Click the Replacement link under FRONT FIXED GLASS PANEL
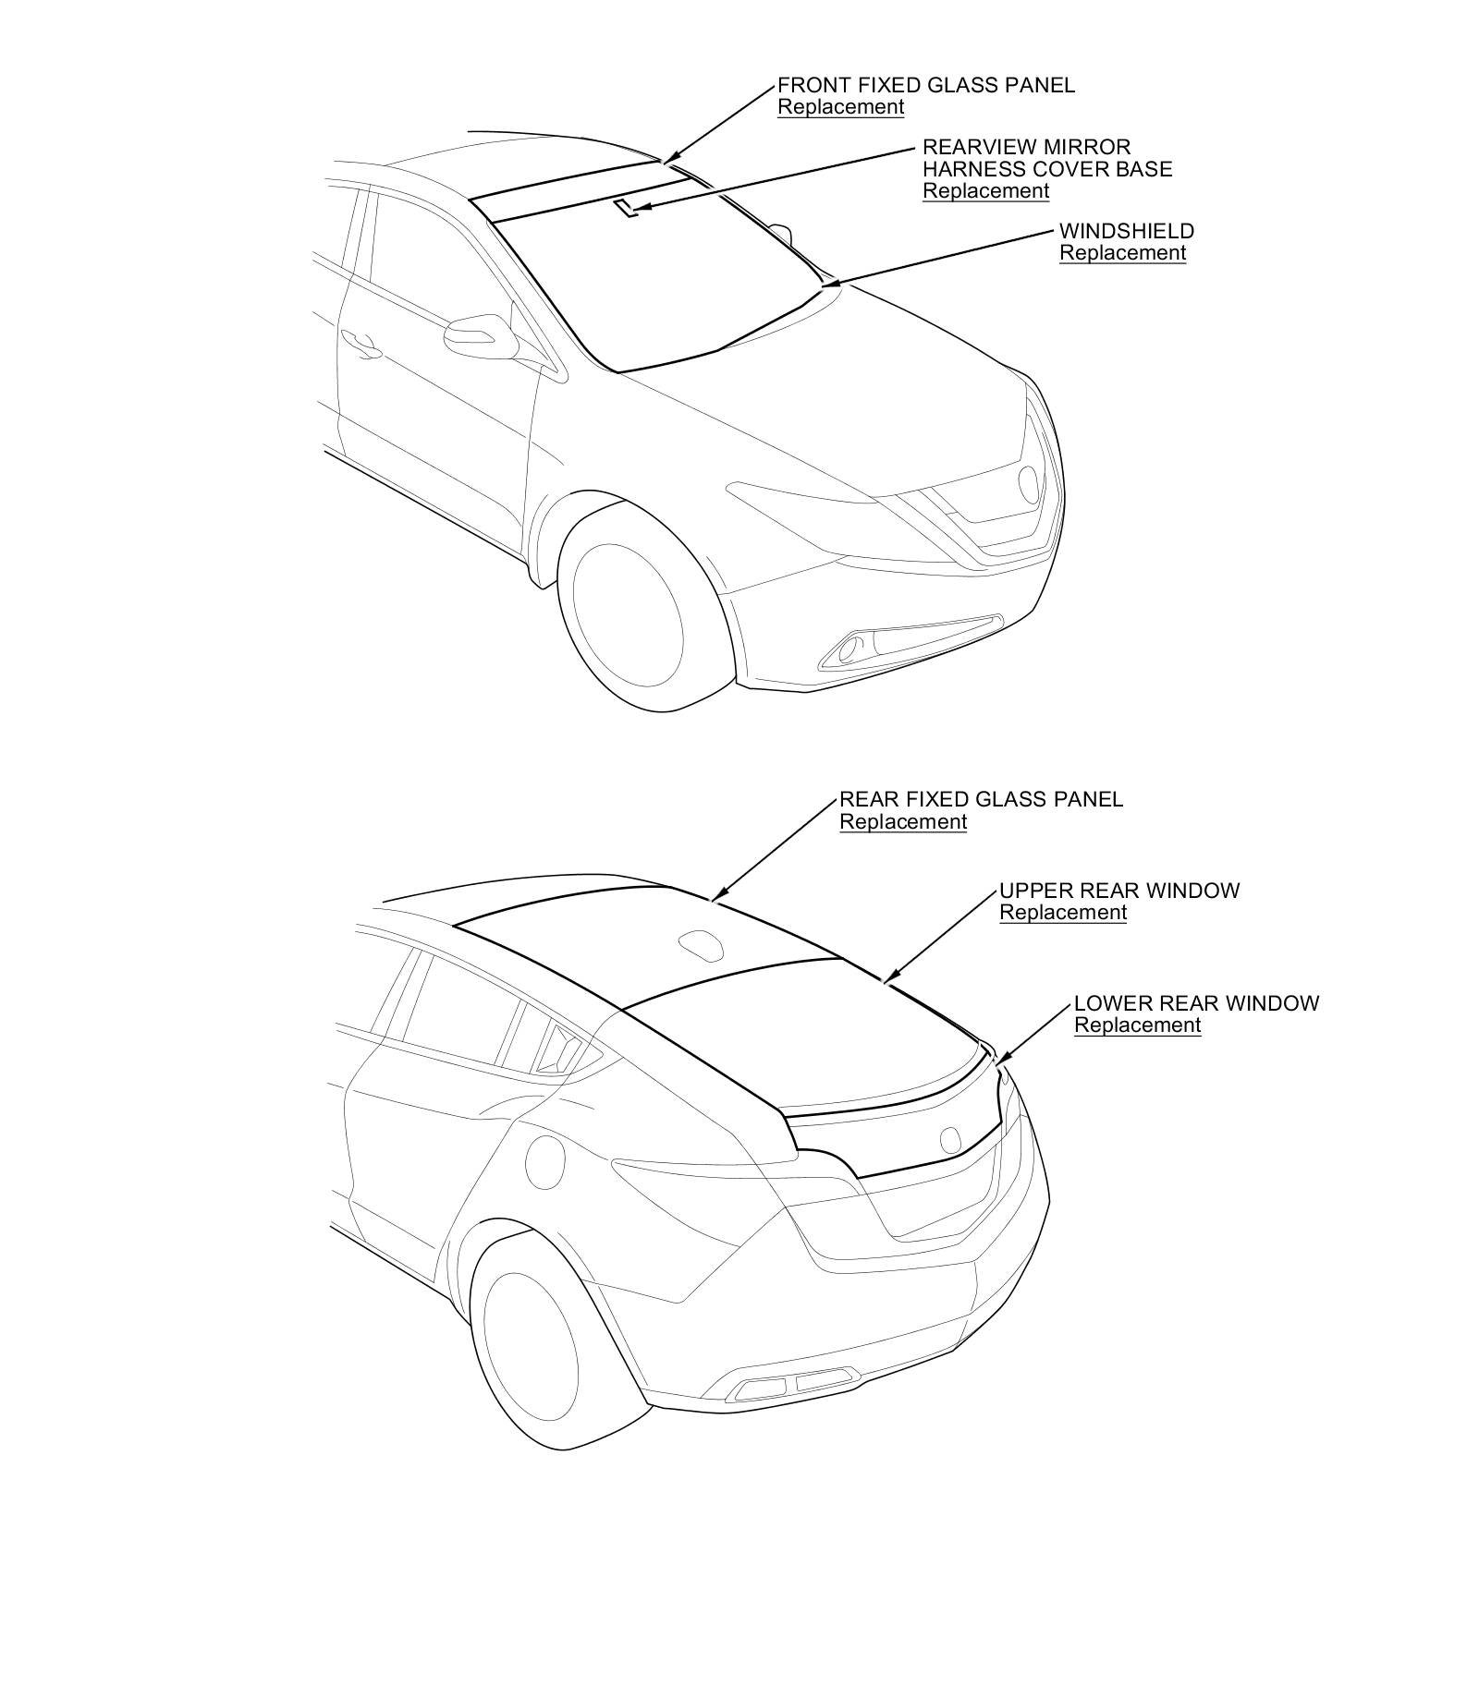tap(840, 107)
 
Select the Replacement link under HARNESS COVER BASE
tap(985, 191)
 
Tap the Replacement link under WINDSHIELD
tap(1122, 253)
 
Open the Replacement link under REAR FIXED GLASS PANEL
tap(902, 822)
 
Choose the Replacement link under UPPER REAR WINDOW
tap(1063, 913)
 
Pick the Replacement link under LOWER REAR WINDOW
tap(1137, 1025)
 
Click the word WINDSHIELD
tap(1126, 231)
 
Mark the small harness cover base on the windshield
tap(627, 207)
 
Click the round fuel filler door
tap(544, 1162)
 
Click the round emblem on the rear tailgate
tap(950, 1138)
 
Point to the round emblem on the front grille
tap(1028, 482)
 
